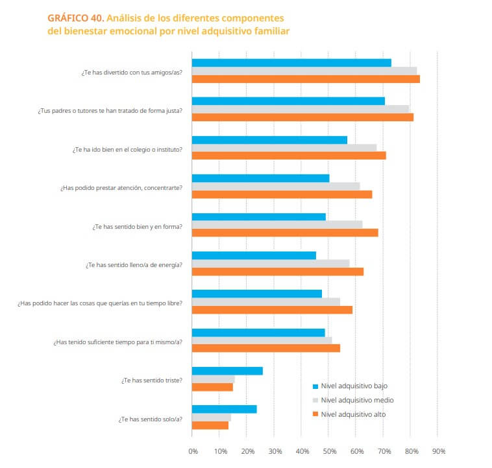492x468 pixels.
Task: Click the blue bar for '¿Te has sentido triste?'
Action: coord(227,371)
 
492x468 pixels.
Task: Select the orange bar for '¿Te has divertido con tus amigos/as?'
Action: coord(306,79)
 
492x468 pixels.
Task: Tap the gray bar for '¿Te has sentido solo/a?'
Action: coord(212,417)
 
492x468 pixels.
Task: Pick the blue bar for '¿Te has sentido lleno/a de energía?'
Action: coord(254,255)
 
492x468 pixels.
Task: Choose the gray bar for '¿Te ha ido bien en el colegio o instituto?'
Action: coord(284,148)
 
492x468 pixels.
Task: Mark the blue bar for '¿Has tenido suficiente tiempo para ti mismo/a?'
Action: coord(258,333)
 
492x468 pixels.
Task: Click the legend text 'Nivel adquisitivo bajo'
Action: coord(354,386)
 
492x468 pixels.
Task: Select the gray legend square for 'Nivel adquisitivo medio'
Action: coord(315,400)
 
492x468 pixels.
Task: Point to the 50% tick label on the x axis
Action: coord(329,451)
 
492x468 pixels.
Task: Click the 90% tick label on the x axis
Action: coord(438,451)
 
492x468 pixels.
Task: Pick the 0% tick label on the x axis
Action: coord(193,451)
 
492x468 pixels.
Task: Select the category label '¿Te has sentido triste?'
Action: coord(151,380)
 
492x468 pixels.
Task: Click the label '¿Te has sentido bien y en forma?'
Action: coord(136,226)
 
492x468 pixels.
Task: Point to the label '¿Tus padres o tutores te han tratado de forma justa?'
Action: coord(110,110)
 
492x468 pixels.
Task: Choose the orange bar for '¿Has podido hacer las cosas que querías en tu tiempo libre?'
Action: coord(273,310)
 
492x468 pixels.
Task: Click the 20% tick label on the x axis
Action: coord(247,451)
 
